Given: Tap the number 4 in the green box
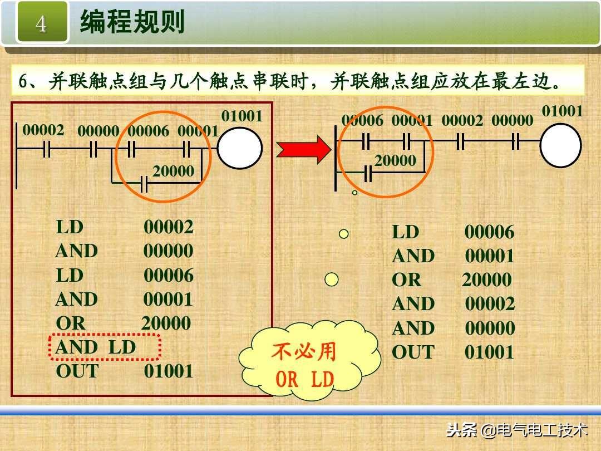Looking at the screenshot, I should click(x=42, y=23).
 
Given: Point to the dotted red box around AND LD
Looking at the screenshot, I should click(x=106, y=347).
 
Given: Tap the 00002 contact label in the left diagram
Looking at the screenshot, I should click(x=43, y=130).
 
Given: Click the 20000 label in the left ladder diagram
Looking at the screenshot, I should click(x=173, y=171).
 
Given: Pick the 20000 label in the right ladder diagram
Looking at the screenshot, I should click(x=395, y=161).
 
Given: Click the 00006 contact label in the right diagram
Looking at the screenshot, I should click(x=362, y=120).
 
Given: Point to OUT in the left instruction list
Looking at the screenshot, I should click(x=77, y=371).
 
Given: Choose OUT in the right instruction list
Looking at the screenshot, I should click(x=412, y=352).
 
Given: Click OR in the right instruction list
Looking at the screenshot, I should click(x=407, y=280).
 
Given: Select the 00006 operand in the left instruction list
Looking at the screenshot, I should click(x=169, y=275).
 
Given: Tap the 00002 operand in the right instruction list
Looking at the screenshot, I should click(x=490, y=304).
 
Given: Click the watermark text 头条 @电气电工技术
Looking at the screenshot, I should click(x=517, y=430).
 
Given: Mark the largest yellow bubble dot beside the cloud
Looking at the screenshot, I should click(x=332, y=279).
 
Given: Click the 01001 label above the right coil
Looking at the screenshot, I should click(x=563, y=111).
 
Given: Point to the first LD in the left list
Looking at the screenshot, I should click(x=70, y=227).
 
